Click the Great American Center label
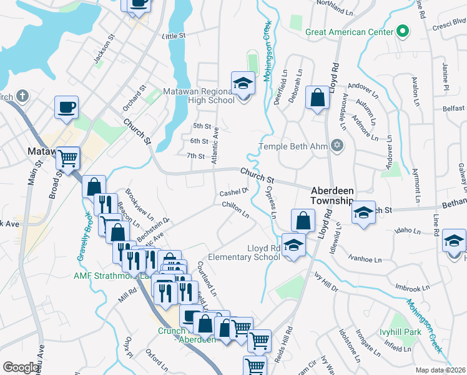pyautogui.click(x=349, y=31)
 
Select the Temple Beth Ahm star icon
pyautogui.click(x=338, y=146)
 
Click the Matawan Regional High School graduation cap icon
pyautogui.click(x=242, y=83)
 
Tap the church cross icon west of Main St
pyautogui.click(x=22, y=96)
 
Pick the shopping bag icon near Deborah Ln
pyautogui.click(x=318, y=97)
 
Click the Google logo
pyautogui.click(x=21, y=367)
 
